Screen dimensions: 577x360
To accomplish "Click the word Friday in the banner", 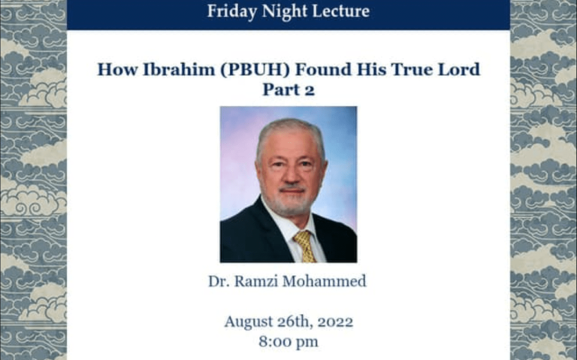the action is (232, 11).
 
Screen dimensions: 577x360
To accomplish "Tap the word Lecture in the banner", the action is (341, 11).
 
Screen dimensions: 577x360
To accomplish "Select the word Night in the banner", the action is (285, 11).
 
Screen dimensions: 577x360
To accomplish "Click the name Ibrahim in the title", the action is (179, 69).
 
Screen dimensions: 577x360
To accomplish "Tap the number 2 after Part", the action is (310, 90).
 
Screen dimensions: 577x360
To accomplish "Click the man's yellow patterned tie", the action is (305, 246).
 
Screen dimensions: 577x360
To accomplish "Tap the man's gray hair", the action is (290, 135).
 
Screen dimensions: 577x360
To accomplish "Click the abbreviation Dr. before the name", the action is (219, 282).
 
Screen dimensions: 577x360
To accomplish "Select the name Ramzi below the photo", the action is (256, 282).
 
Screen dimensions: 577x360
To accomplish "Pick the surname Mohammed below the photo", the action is (325, 282).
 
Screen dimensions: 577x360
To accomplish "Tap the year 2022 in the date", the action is (335, 322).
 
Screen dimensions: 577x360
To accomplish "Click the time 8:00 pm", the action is (288, 342).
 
